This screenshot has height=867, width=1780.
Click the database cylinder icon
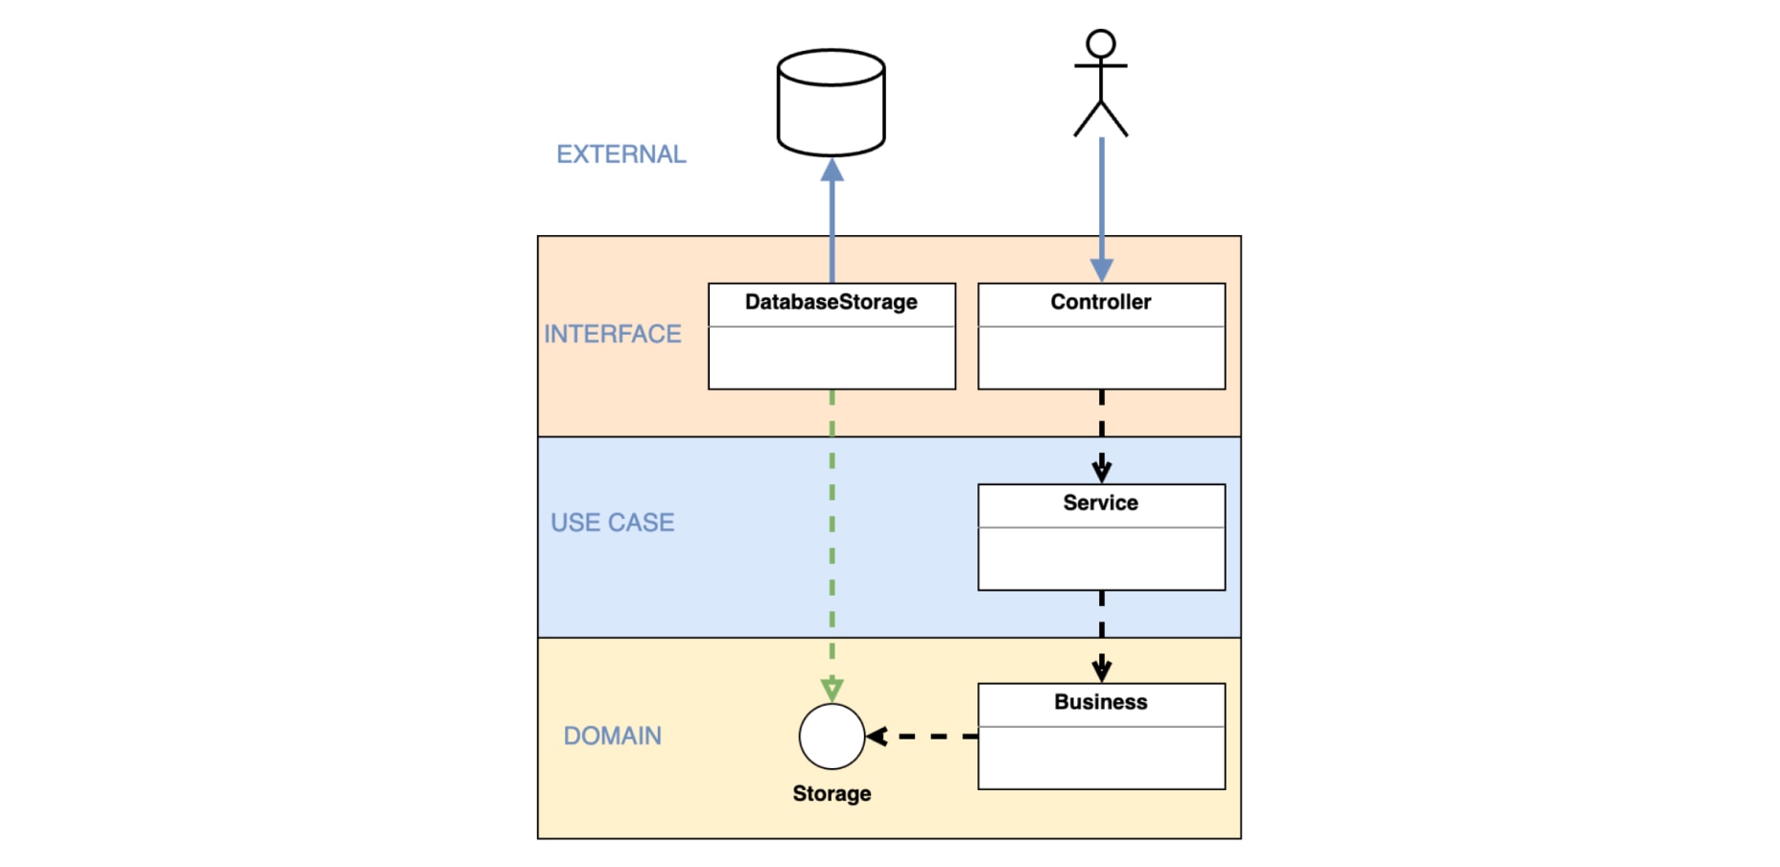(831, 104)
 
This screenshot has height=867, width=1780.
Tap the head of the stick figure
(1100, 44)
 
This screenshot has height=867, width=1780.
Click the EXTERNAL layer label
(621, 154)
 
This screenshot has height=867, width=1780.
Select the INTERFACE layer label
(612, 334)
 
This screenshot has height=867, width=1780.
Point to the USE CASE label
(612, 523)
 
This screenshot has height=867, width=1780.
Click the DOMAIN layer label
(612, 736)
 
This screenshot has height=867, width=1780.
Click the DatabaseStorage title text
(831, 302)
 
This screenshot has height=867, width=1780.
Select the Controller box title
(1100, 302)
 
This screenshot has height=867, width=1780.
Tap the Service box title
(1100, 503)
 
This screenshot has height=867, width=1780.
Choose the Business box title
(1100, 702)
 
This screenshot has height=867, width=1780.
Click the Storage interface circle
(831, 737)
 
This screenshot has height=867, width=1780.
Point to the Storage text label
(831, 793)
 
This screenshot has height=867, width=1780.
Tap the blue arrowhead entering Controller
(1101, 269)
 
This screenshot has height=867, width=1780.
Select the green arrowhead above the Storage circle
(831, 689)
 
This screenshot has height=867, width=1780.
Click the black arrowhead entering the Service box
(1101, 471)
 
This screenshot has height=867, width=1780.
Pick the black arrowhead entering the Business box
(1101, 669)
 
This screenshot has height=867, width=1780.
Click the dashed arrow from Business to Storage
(925, 737)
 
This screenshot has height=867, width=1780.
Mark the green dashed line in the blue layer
(831, 537)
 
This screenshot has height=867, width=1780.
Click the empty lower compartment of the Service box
(1100, 558)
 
